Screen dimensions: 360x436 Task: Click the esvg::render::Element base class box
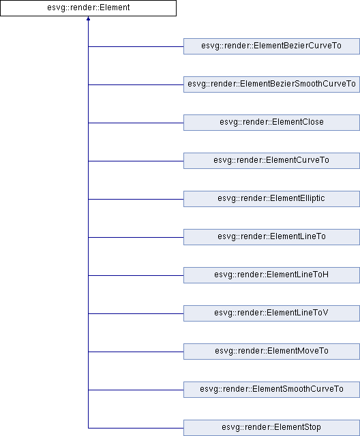point(88,8)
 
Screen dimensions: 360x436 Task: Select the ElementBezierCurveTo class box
point(271,46)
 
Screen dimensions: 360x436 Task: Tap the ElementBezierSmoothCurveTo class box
point(271,84)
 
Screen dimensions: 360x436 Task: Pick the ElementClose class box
point(271,123)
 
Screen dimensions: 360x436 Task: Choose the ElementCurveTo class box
point(271,161)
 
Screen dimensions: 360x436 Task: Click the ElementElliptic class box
point(271,198)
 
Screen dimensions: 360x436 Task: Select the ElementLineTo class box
point(271,236)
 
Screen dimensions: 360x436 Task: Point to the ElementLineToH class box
point(271,275)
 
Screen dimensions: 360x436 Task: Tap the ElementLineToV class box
point(271,313)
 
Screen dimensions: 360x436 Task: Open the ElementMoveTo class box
point(271,352)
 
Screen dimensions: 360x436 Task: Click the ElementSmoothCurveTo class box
point(271,389)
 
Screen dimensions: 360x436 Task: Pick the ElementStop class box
point(271,428)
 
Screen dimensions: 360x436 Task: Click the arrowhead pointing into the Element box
point(88,18)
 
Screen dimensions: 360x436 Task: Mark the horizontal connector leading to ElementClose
point(136,123)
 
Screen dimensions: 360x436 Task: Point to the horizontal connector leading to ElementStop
point(136,428)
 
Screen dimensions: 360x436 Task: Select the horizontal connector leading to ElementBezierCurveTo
point(136,46)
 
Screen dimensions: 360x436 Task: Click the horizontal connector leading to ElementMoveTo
point(136,352)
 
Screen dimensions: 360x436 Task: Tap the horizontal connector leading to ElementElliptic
point(136,199)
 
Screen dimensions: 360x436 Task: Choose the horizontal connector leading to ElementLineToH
point(136,275)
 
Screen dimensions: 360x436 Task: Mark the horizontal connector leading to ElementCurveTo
point(136,161)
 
